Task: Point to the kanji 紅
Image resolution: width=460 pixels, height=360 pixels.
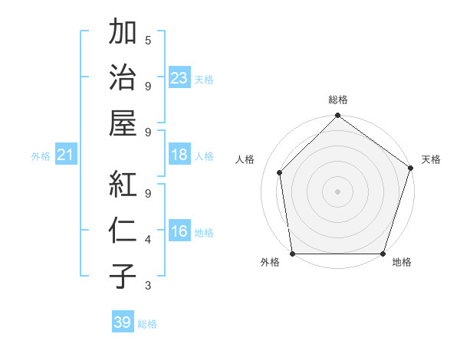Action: tap(123, 184)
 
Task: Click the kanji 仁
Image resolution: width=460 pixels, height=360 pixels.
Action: tap(123, 231)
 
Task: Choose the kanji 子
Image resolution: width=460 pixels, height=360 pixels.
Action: tap(123, 276)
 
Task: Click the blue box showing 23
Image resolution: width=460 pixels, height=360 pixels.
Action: tap(179, 78)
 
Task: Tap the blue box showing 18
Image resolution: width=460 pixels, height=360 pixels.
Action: tap(179, 155)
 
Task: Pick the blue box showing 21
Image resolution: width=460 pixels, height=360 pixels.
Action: tap(65, 155)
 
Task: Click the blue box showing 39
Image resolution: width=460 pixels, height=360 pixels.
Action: tap(123, 322)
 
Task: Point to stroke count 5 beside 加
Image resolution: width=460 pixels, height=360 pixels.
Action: tap(148, 40)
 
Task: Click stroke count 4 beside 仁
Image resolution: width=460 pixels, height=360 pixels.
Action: tap(148, 240)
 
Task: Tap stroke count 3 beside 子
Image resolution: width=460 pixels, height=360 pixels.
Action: tap(148, 286)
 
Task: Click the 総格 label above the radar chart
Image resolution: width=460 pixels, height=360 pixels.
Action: tap(338, 100)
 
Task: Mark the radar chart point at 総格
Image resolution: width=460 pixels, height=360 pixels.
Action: tap(338, 116)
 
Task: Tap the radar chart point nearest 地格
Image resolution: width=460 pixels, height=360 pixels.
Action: tap(383, 254)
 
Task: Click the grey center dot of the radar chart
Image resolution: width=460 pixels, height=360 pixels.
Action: tap(338, 191)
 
